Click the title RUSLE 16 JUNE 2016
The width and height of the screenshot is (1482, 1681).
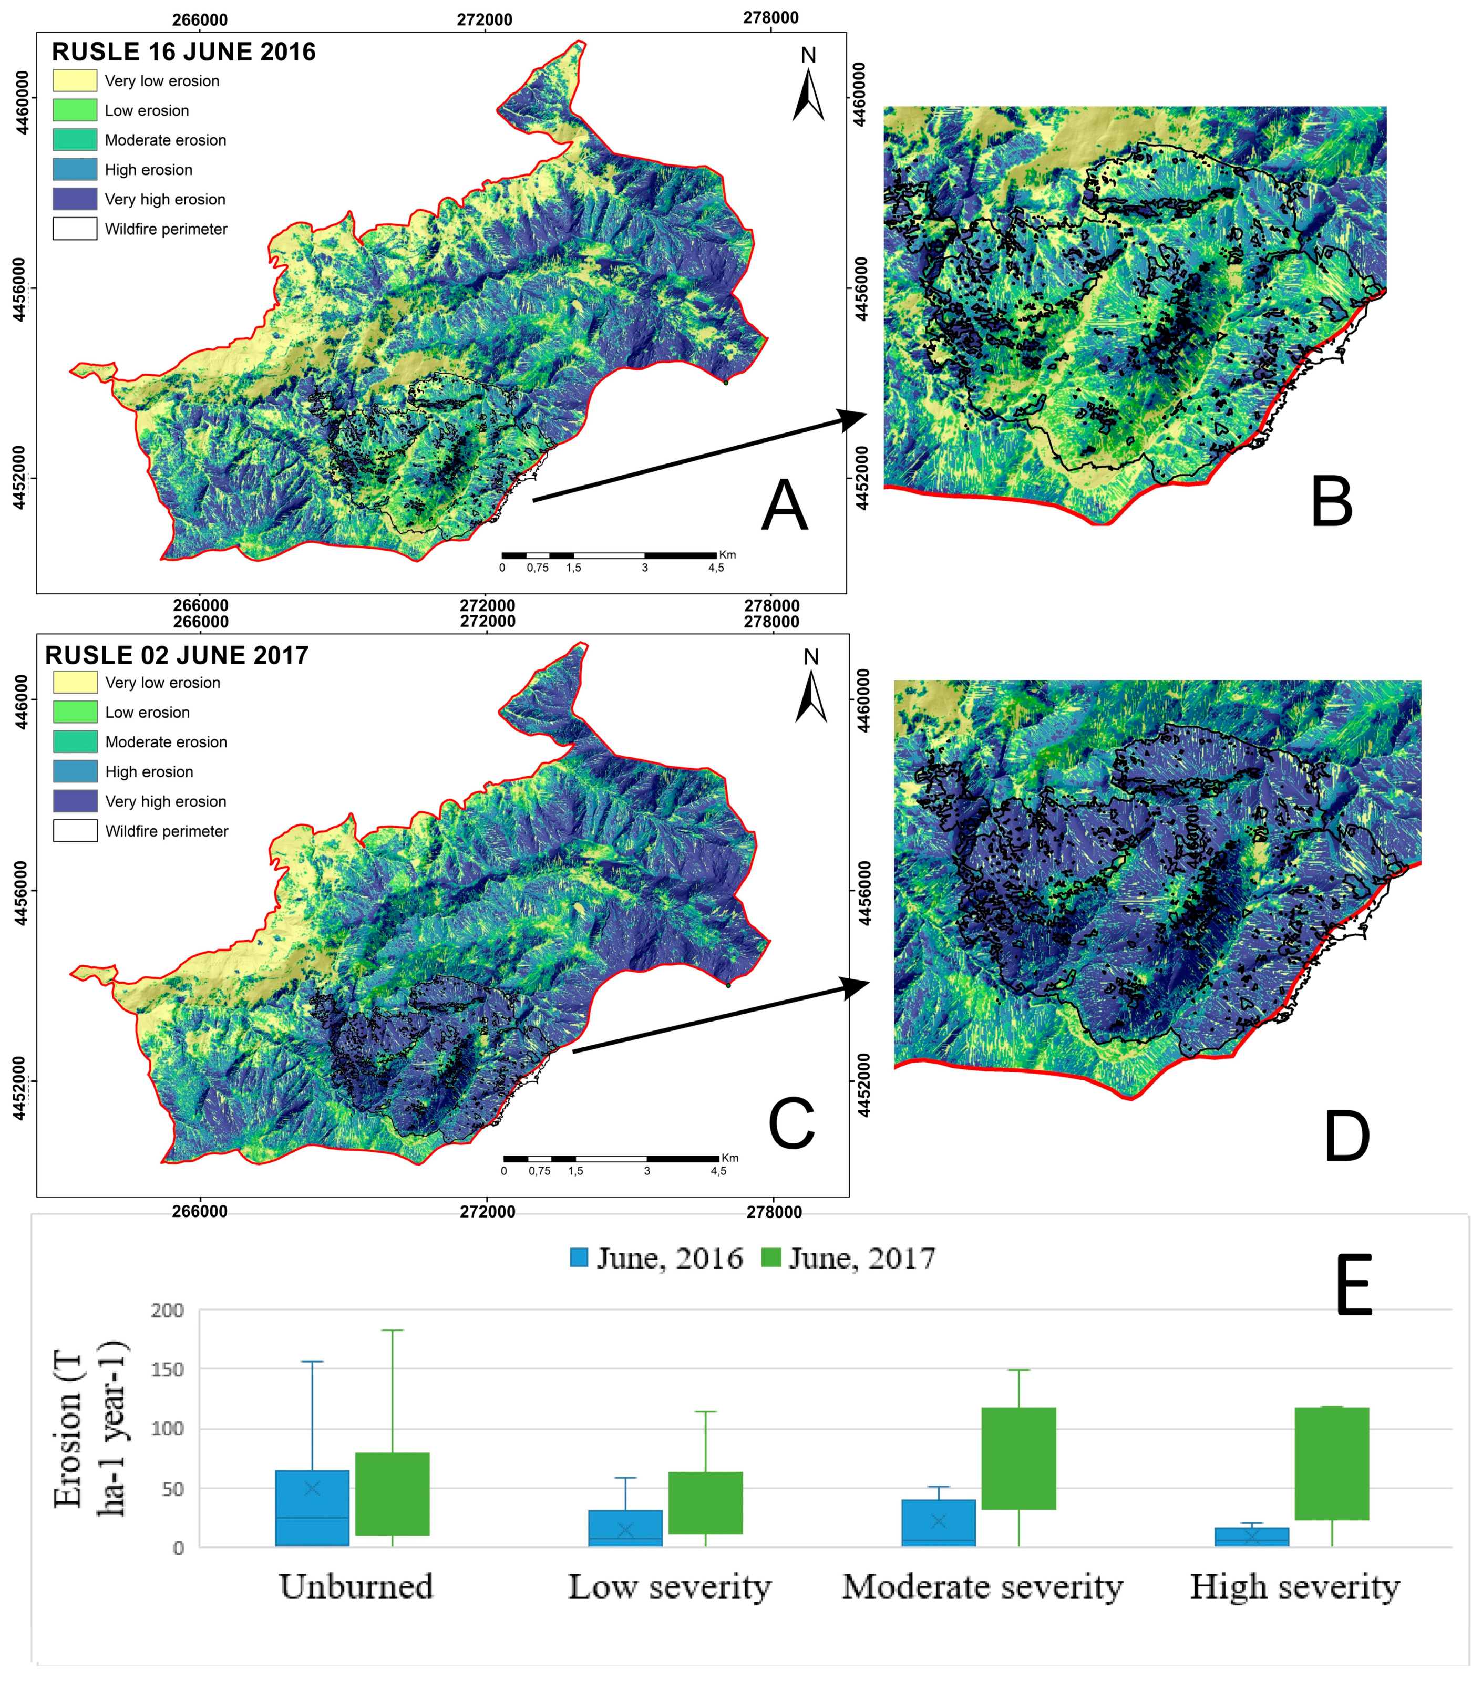[x=183, y=52]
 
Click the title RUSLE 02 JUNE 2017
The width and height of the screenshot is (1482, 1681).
[x=177, y=655]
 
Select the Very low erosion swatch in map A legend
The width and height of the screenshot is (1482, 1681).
[x=75, y=80]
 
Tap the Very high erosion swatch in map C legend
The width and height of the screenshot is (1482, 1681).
[x=75, y=801]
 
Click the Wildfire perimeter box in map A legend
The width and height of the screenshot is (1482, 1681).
[x=75, y=229]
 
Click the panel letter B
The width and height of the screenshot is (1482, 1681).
[x=1332, y=502]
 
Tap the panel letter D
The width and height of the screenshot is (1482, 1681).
[x=1346, y=1137]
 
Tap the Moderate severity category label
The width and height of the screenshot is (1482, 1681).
[x=982, y=1585]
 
